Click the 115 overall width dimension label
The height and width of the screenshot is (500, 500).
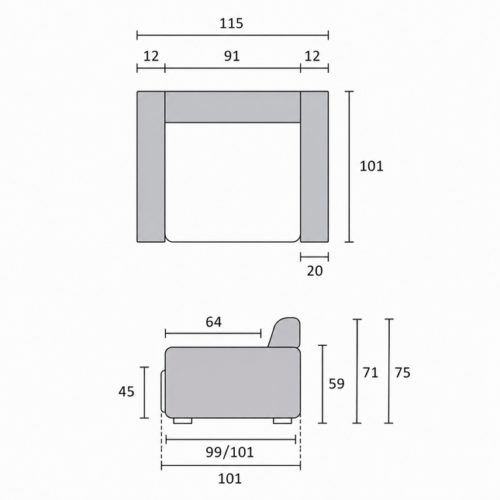coord(232,23)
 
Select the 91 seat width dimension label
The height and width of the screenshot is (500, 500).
coord(232,56)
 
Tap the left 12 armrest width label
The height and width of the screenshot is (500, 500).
coord(151,56)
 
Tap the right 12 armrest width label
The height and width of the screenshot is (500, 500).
coord(312,56)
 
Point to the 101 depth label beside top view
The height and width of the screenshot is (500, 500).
coord(371,166)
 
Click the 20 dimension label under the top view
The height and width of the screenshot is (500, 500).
coord(315,271)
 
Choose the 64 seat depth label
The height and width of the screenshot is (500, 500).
coord(214,322)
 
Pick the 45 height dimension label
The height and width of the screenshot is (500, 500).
coord(126,391)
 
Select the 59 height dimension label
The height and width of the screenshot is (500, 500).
coord(336,384)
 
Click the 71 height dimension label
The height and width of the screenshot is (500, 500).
coord(371,372)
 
